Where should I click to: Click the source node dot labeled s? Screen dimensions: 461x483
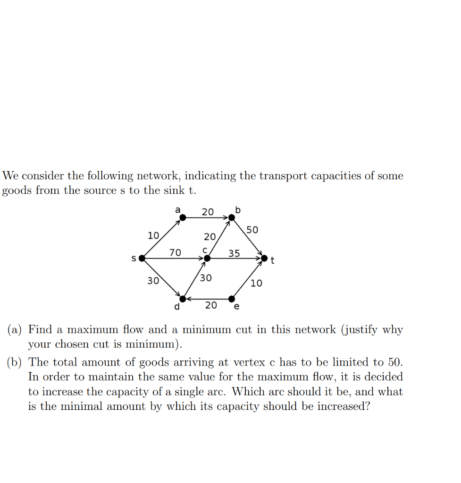coord(142,258)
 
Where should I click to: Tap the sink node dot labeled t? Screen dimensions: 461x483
coord(264,258)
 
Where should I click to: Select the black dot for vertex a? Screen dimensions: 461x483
coord(183,217)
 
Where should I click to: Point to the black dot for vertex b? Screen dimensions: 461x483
coord(231,217)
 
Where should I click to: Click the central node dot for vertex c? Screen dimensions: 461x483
coord(207,258)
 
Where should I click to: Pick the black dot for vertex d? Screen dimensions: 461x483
coord(183,299)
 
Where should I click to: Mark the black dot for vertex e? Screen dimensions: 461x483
coord(232,299)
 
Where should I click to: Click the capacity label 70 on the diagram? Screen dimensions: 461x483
coord(175,252)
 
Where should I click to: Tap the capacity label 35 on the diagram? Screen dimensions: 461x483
coord(234,253)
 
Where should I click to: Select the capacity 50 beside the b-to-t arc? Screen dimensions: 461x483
coord(252,230)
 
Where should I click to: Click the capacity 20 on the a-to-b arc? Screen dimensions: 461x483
coord(208,212)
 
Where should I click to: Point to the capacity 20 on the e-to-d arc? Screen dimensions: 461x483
coord(211,305)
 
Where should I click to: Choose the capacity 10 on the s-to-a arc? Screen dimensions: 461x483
coord(153,235)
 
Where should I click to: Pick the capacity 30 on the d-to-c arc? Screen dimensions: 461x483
coord(206,278)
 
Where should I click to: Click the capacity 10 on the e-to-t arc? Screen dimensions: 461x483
coord(256,283)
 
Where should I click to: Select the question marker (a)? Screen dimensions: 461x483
coord(15,329)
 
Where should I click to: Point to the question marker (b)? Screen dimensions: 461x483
coord(15,362)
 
